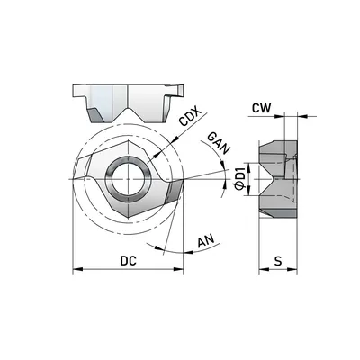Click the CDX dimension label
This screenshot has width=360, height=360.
pyautogui.click(x=190, y=116)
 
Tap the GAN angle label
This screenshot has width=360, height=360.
pyautogui.click(x=219, y=143)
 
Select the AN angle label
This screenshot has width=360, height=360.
pyautogui.click(x=206, y=240)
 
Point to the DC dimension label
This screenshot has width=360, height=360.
pyautogui.click(x=128, y=261)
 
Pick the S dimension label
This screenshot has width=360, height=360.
pyautogui.click(x=279, y=261)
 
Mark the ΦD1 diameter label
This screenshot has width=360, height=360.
pyautogui.click(x=240, y=180)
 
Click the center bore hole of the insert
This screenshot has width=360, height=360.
pyautogui.click(x=128, y=179)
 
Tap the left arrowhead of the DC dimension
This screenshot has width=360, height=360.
pyautogui.click(x=77, y=269)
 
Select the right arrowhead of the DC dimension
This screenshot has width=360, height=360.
pyautogui.click(x=178, y=269)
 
